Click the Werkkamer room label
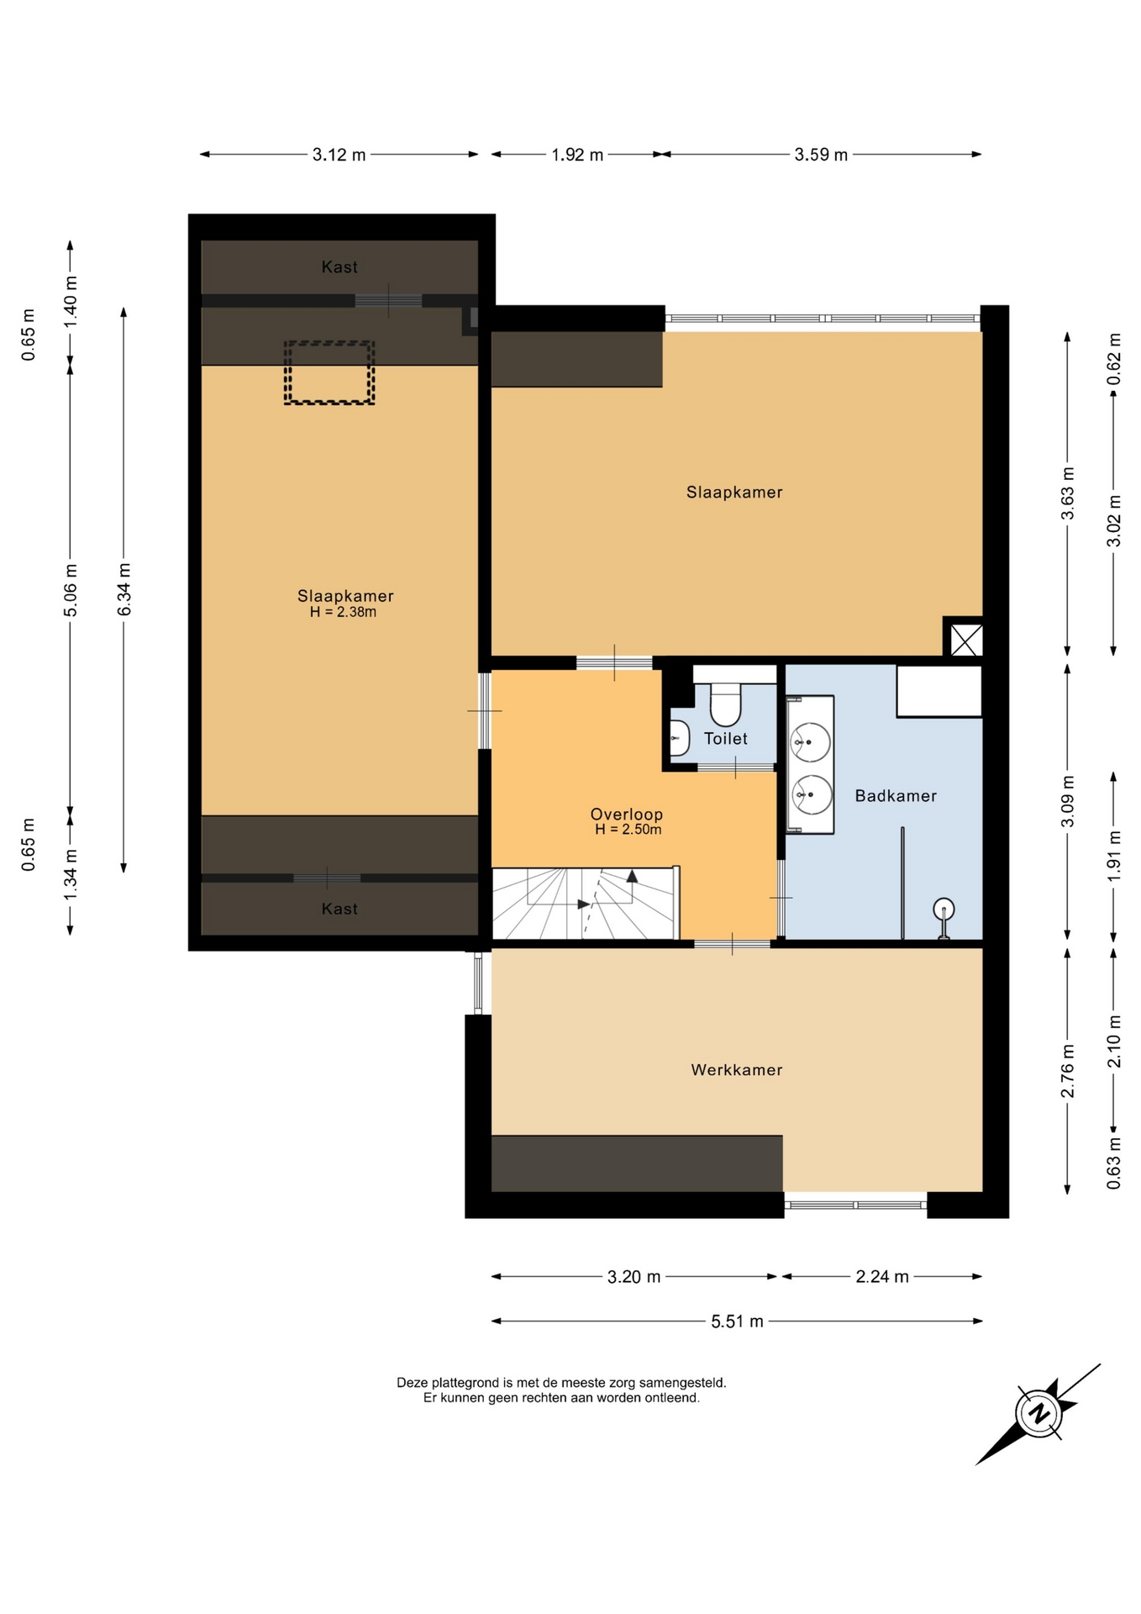[x=736, y=1070]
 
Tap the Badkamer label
[x=896, y=795]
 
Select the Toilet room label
[x=726, y=738]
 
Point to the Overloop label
[x=627, y=814]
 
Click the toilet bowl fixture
[x=726, y=704]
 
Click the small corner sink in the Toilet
[x=679, y=739]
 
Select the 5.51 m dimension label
[x=737, y=1321]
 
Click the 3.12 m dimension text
[x=339, y=155]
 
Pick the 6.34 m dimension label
[x=124, y=588]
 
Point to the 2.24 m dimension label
[x=882, y=1277]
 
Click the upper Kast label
[x=339, y=267]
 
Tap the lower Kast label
[x=339, y=909]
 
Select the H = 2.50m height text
[x=628, y=830]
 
